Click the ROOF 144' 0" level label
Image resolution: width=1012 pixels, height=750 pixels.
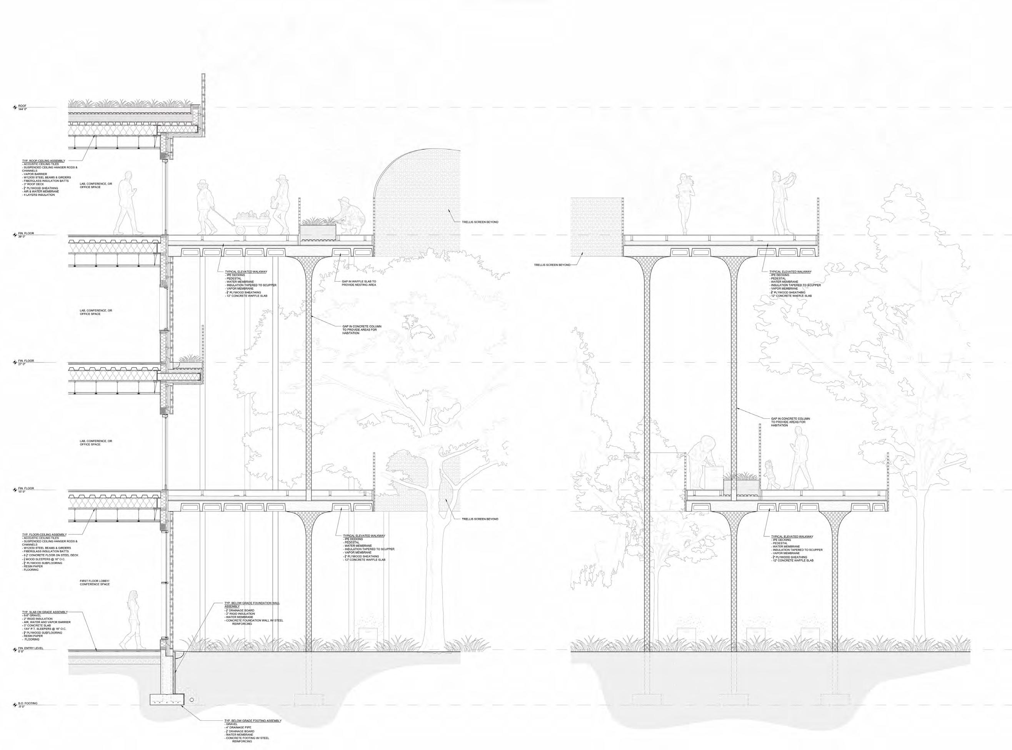click(22, 107)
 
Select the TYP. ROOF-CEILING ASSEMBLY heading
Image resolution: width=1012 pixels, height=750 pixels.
click(43, 161)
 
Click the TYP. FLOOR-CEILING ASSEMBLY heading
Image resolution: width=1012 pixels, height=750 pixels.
click(45, 535)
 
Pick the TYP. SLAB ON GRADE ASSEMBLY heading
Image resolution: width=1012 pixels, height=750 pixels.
click(45, 612)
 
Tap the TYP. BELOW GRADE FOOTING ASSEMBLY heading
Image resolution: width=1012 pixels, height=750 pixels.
click(253, 720)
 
